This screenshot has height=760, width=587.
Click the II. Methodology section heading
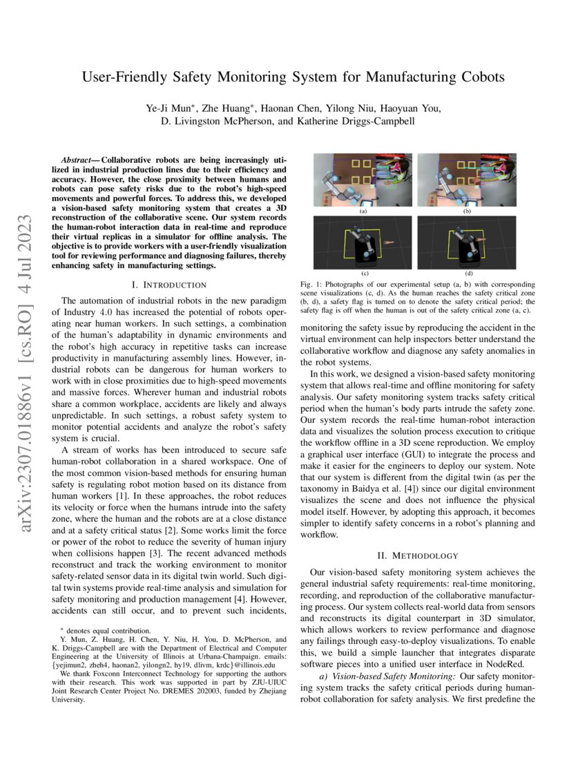coord(419,555)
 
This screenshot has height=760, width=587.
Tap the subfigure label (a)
coord(362,212)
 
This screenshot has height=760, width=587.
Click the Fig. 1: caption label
coord(314,285)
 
